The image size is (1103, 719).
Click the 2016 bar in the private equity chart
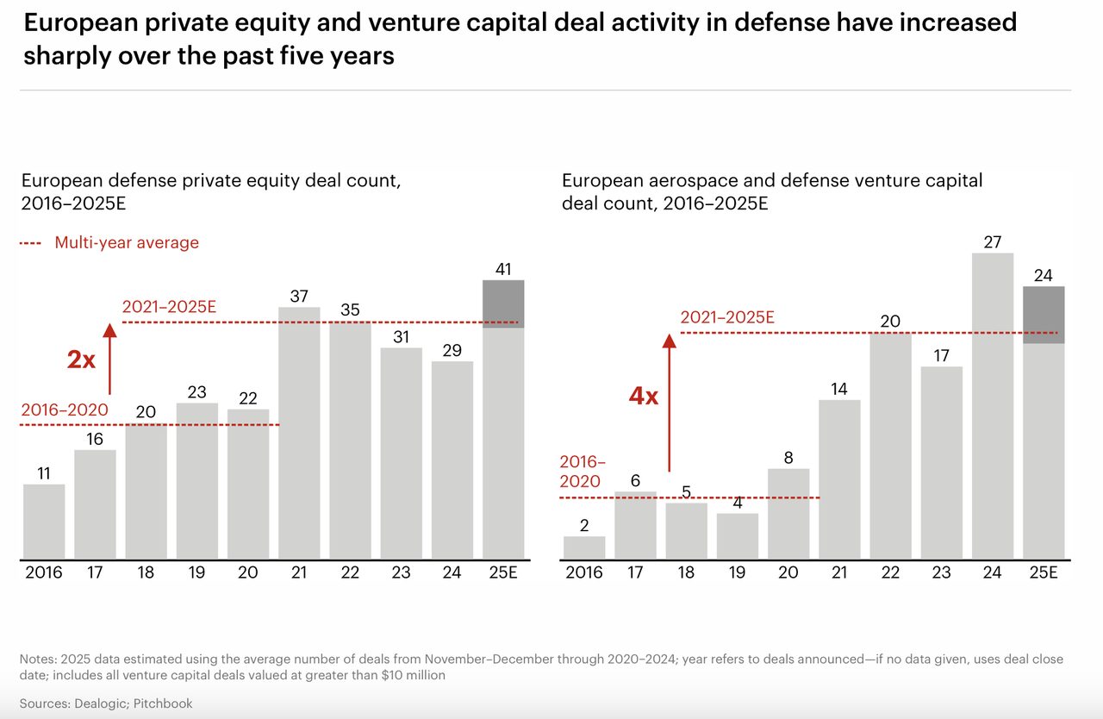(x=44, y=522)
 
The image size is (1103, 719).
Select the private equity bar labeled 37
(x=299, y=434)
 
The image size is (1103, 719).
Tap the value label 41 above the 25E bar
(x=503, y=269)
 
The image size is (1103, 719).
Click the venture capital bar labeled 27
(x=993, y=406)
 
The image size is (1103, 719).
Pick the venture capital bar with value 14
(x=839, y=479)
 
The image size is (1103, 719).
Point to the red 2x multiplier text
(x=81, y=359)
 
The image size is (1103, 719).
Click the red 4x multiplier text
(x=644, y=396)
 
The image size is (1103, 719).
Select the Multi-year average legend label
(x=127, y=242)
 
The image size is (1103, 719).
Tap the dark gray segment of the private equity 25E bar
(x=503, y=303)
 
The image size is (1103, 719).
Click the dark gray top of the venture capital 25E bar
(x=1044, y=315)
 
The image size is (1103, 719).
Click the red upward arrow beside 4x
(x=670, y=403)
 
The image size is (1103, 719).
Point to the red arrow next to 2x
(x=109, y=359)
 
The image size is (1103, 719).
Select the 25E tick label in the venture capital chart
(x=1044, y=572)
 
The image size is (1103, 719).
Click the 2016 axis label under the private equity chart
(x=44, y=572)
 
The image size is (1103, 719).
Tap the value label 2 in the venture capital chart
(x=584, y=526)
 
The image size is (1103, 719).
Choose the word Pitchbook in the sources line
(x=163, y=703)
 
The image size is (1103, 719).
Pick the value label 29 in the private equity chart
(x=452, y=351)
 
